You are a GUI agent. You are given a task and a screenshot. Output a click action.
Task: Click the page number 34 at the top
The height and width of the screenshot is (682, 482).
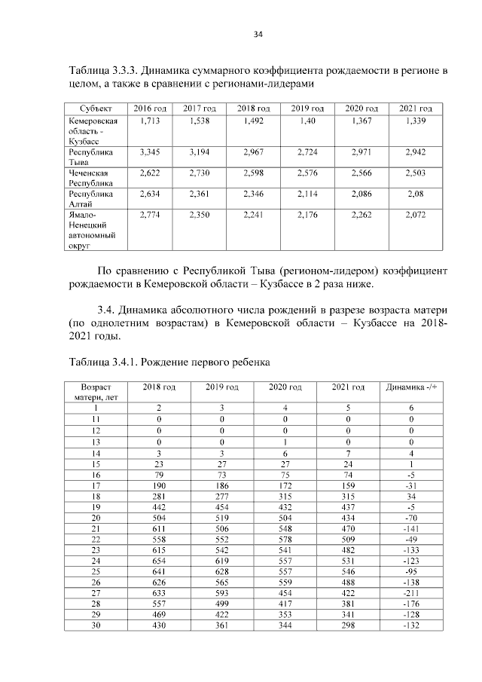(258, 34)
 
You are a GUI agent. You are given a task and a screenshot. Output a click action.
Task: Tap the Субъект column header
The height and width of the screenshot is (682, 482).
(90, 109)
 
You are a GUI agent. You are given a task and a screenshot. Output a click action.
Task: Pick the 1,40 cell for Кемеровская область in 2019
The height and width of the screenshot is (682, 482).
(307, 121)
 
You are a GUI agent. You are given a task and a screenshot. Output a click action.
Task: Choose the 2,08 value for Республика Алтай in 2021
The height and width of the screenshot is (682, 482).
(415, 194)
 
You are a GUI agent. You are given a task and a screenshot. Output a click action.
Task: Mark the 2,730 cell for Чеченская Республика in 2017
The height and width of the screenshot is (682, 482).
(200, 173)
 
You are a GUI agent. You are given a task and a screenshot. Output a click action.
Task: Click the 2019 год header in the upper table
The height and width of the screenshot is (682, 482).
(307, 109)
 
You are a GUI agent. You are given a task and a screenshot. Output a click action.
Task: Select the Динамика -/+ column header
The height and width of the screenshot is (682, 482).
(411, 387)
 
